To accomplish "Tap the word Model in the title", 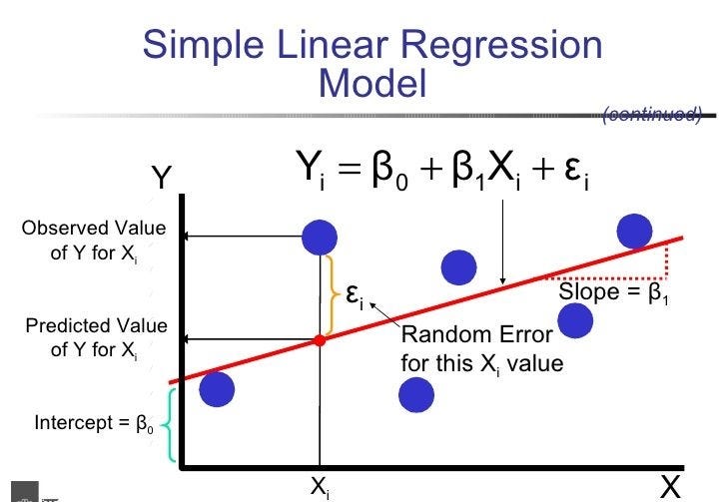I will [372, 84].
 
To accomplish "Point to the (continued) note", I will [652, 114].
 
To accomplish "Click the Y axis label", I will [162, 179].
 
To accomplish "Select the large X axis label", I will [670, 485].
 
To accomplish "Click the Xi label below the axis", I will [321, 486].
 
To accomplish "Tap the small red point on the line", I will [320, 341].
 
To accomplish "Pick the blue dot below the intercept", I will [217, 389].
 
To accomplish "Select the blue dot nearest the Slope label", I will [577, 320].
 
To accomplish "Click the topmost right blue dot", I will [634, 231].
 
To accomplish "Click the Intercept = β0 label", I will [95, 423].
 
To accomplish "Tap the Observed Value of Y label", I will [94, 242].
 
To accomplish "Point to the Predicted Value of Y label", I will [96, 338].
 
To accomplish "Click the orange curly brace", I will [331, 295].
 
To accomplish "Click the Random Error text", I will [481, 349].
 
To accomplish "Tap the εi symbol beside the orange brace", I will [355, 294].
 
